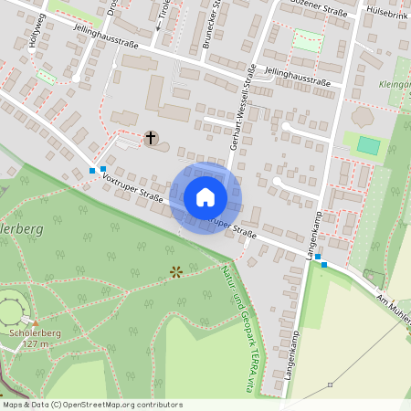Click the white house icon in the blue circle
[205, 197]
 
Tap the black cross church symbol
[151, 138]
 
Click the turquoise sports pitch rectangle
[369, 145]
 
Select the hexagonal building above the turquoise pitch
[363, 118]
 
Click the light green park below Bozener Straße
[308, 40]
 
